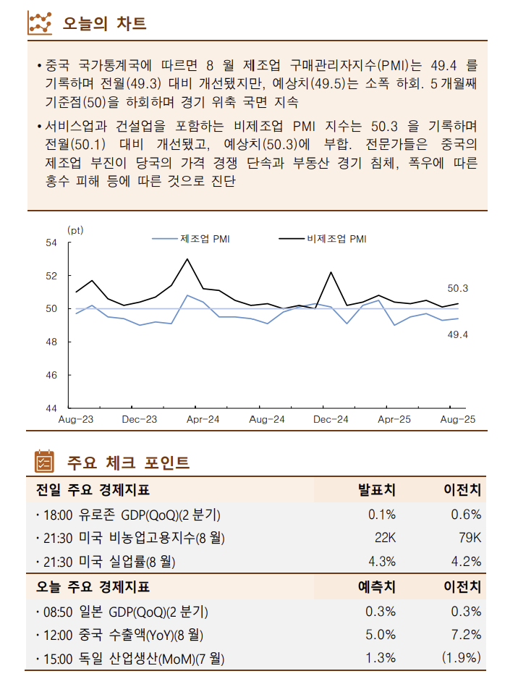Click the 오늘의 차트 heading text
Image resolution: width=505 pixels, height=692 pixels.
click(105, 23)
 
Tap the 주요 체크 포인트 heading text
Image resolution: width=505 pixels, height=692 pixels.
click(128, 462)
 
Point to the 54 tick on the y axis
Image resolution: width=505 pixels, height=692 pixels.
click(51, 243)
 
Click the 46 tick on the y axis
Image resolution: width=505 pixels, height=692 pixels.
click(51, 376)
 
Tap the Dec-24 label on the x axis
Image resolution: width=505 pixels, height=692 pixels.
click(331, 420)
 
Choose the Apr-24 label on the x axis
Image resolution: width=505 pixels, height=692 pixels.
click(203, 420)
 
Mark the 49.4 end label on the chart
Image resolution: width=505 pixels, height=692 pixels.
click(457, 334)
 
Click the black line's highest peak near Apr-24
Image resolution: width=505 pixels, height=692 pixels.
click(187, 259)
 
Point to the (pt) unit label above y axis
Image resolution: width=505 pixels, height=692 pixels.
click(75, 229)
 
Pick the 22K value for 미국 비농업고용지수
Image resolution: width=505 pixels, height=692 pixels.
click(385, 538)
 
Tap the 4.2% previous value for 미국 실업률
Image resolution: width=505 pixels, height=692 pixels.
click(466, 561)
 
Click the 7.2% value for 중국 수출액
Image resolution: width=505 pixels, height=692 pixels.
click(466, 635)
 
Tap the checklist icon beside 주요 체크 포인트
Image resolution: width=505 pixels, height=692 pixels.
click(44, 461)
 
